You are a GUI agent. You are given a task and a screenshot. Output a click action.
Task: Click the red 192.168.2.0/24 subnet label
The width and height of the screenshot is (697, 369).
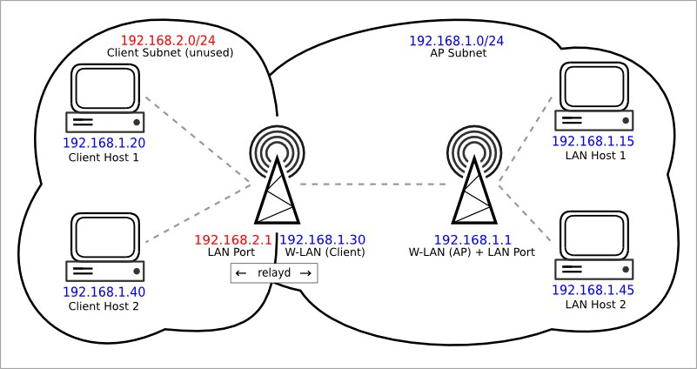click(x=169, y=40)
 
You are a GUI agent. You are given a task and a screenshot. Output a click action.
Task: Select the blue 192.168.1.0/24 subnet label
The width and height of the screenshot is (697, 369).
click(x=456, y=42)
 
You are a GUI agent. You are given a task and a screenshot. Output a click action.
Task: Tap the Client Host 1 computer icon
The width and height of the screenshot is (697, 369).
click(x=105, y=98)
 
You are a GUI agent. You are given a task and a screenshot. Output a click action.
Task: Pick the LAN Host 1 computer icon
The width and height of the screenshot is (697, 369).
click(x=593, y=96)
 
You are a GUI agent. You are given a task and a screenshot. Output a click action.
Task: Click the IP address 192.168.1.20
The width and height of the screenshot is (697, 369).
click(x=104, y=143)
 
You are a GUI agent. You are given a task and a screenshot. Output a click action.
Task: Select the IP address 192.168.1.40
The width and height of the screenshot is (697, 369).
click(x=104, y=292)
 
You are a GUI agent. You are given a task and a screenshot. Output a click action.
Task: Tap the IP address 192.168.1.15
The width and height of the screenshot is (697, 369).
click(x=593, y=141)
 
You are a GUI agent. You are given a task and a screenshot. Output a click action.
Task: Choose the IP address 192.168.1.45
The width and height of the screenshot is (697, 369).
click(x=593, y=291)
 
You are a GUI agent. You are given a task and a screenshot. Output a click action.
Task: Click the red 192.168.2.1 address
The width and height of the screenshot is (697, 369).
click(x=233, y=240)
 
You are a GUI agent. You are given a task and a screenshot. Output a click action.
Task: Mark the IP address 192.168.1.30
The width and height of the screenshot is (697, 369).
click(x=323, y=240)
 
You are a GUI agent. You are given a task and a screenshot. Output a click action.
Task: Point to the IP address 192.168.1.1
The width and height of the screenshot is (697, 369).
click(x=472, y=240)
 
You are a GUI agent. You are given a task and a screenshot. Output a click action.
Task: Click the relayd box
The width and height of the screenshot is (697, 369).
click(x=274, y=273)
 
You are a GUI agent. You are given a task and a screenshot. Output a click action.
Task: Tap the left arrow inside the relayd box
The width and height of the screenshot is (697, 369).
click(x=241, y=273)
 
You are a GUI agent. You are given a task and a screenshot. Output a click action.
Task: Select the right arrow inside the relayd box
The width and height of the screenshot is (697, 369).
click(x=305, y=273)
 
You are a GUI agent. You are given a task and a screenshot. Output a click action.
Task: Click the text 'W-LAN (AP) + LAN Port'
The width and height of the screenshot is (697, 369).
click(x=472, y=252)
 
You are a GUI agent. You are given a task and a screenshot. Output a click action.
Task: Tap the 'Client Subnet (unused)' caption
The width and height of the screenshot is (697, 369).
click(x=171, y=52)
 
